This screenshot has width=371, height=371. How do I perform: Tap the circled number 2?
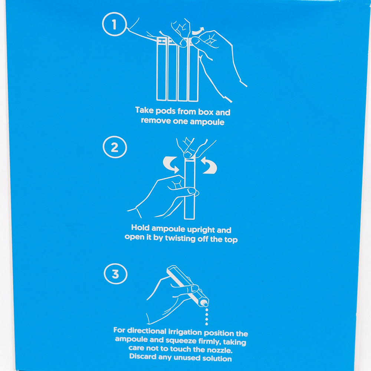click(x=115, y=147)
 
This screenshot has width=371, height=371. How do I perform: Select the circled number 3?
click(x=115, y=274)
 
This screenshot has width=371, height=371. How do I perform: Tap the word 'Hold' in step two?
click(x=141, y=228)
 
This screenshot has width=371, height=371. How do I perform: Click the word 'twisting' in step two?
click(x=180, y=238)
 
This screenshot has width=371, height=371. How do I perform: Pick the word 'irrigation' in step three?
click(x=185, y=332)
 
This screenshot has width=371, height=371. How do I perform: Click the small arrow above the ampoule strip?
click(x=198, y=31)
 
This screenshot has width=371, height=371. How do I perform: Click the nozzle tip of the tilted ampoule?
click(x=204, y=303)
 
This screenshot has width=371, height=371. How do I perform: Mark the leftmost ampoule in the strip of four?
click(x=161, y=69)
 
